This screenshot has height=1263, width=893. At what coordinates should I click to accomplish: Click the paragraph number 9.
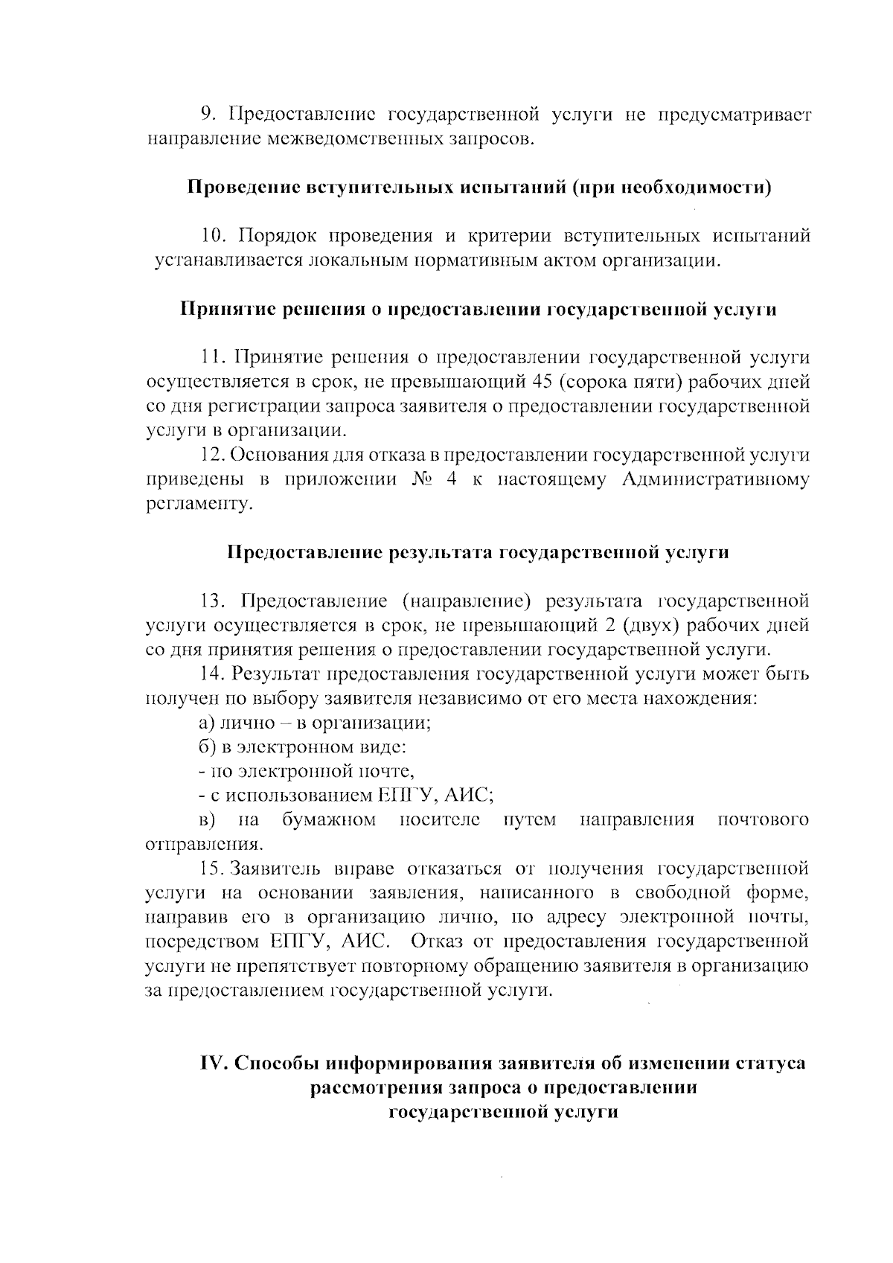point(207,115)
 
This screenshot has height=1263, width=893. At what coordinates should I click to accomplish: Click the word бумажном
point(328,820)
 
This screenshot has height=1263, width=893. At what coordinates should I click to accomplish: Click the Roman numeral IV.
point(214,1063)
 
